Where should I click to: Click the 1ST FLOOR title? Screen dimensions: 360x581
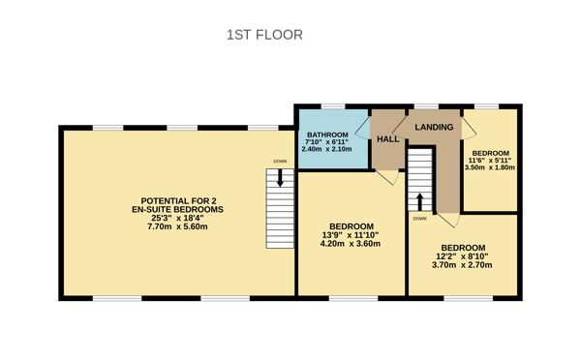(264, 35)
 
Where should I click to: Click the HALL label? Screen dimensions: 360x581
(388, 139)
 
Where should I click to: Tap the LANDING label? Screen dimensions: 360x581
(435, 127)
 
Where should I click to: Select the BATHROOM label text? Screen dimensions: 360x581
(326, 134)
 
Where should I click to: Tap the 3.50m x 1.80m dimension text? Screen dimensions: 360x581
(490, 167)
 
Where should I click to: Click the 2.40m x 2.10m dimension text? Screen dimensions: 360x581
(326, 149)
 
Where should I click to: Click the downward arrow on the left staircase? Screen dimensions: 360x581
(281, 177)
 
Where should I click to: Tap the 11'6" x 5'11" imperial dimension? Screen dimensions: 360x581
(490, 160)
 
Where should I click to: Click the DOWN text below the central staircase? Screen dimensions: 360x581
(419, 219)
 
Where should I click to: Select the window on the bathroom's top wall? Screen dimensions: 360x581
(334, 105)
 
